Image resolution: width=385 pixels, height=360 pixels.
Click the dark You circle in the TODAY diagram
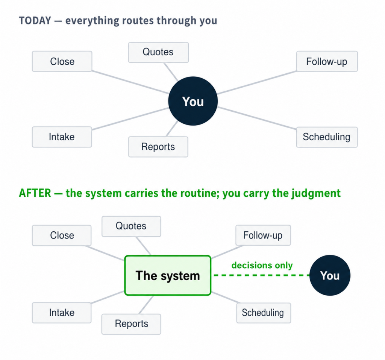193,101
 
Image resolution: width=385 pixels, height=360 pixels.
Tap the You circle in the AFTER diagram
330,275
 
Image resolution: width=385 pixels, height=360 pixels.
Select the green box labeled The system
168,275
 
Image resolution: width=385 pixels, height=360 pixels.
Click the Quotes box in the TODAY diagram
158,52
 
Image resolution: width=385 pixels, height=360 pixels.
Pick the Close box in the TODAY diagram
62,61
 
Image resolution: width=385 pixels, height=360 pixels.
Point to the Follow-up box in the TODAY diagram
327,61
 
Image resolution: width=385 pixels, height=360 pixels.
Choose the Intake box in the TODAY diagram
62,137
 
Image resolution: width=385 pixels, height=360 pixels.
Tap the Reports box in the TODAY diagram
158,147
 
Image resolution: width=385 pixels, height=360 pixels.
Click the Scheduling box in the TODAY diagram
327,137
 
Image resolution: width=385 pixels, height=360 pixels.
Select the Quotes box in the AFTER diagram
131,226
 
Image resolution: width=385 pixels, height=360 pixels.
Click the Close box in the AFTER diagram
62,235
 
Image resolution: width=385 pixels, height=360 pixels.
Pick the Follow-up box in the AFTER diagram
263,235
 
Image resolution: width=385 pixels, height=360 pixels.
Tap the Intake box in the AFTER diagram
62,313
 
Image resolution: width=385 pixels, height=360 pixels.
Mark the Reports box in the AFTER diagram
131,324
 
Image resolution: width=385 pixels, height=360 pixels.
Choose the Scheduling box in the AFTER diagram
264,313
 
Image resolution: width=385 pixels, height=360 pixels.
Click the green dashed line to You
262,275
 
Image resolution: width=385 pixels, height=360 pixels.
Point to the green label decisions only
262,265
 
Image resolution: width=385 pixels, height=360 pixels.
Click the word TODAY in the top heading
35,21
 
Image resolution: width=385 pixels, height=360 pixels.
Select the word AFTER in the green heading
35,193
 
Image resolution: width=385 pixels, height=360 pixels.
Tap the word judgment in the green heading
316,194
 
